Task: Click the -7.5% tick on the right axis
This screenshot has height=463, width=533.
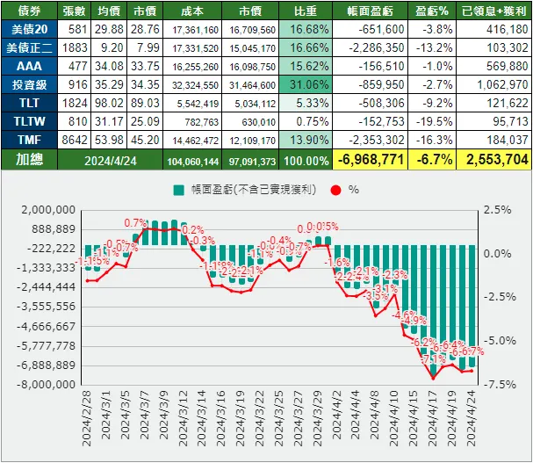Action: click(497, 384)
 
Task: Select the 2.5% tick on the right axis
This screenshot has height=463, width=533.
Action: click(496, 210)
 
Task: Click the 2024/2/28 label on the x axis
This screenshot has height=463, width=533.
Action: click(89, 422)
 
